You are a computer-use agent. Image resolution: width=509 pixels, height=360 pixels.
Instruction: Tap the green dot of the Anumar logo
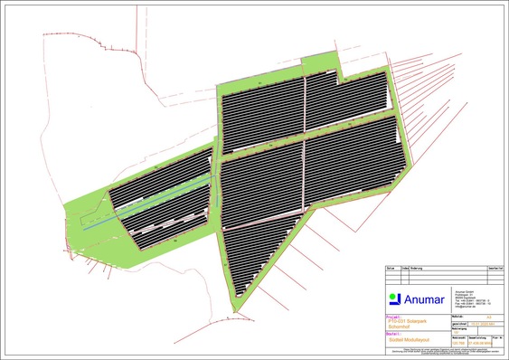(x=393, y=295)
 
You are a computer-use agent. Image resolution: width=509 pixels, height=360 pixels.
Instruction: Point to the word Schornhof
(x=399, y=326)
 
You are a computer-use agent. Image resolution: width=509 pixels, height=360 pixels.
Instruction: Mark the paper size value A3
(x=488, y=317)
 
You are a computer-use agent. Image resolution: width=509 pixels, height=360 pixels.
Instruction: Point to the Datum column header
(x=390, y=269)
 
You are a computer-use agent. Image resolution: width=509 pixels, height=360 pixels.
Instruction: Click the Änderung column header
(x=415, y=269)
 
